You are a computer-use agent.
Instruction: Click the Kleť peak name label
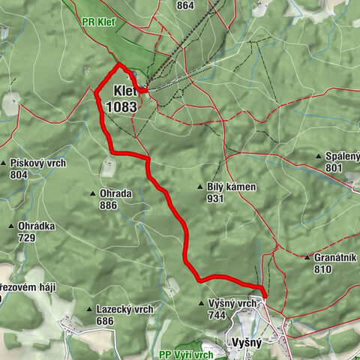click(x=124, y=92)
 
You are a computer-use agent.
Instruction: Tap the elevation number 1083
click(x=121, y=106)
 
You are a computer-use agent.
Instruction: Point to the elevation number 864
click(x=185, y=5)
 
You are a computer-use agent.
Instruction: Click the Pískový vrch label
click(x=38, y=163)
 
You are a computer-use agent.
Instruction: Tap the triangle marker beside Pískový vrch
click(x=4, y=163)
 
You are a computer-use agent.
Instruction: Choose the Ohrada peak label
click(x=115, y=193)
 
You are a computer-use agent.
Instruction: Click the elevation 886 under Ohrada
click(x=108, y=205)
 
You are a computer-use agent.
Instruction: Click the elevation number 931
click(x=217, y=199)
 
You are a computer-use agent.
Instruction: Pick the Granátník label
click(x=334, y=257)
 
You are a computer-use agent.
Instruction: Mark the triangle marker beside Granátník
click(x=307, y=257)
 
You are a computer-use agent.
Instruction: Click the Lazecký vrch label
click(x=124, y=309)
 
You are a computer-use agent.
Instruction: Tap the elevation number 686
click(x=105, y=321)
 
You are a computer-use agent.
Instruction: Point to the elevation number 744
click(x=217, y=316)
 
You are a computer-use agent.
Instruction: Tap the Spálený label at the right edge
click(x=342, y=157)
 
